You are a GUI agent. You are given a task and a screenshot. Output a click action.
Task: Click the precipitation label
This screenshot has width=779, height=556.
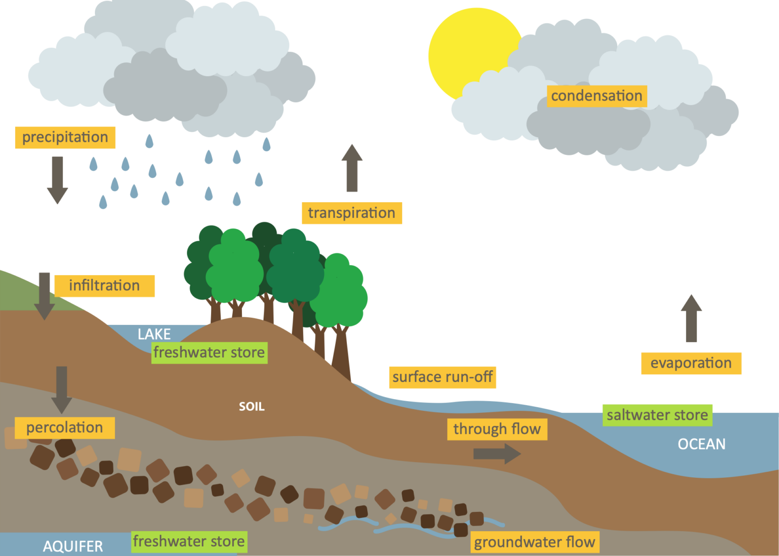coord(65,137)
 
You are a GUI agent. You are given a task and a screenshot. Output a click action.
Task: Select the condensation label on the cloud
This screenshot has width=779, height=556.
coord(596,96)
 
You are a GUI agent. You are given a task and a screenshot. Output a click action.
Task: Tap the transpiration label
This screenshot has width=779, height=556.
coord(351,213)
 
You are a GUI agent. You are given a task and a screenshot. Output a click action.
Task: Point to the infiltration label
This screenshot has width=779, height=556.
coord(104,285)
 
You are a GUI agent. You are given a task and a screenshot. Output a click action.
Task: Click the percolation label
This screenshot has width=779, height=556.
coord(64,428)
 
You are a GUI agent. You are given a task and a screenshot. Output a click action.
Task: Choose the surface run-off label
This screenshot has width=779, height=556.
coord(442,377)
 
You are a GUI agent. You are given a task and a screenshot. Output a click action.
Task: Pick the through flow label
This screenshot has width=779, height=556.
coord(497,429)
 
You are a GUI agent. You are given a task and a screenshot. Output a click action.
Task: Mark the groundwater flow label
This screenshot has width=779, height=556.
coord(535,542)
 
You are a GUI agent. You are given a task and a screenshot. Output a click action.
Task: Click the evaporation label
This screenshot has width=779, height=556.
coord(691,363)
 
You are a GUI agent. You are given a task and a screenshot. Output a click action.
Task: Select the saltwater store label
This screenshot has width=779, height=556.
coord(657,415)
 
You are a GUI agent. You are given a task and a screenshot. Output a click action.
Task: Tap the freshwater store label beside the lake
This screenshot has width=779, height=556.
coord(209,352)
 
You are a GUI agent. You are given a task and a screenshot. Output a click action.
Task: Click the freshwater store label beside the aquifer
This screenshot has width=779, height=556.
coord(189,541)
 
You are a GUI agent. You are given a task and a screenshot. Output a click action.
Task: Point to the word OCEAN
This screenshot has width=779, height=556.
coord(701,444)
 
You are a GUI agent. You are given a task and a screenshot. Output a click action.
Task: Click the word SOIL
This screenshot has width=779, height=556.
coord(252,407)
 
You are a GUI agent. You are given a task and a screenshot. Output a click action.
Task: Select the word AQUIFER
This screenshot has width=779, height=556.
coord(73,546)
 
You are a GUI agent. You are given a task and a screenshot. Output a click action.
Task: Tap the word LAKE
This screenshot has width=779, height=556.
coord(154,334)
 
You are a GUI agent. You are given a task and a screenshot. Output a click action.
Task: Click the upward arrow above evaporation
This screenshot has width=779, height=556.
coord(691,318)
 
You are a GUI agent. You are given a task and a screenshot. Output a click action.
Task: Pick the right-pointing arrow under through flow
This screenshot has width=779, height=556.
coord(497,453)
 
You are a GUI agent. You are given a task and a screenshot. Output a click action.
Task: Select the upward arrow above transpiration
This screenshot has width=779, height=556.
coord(351,169)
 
